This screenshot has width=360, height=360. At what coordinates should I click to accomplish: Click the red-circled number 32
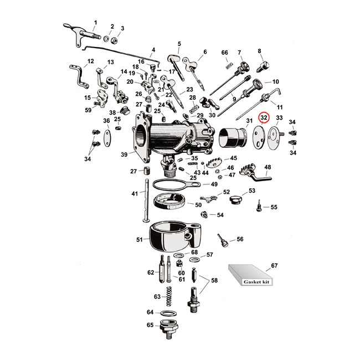click(264, 117)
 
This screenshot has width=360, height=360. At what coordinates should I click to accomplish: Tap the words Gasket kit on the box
click(256, 282)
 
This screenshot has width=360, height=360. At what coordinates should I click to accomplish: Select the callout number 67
click(274, 266)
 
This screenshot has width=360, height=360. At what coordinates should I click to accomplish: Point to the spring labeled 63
click(169, 296)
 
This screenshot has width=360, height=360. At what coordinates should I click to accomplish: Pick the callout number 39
click(124, 155)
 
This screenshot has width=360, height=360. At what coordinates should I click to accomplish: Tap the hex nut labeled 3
click(114, 41)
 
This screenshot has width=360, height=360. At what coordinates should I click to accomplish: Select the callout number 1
click(95, 23)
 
